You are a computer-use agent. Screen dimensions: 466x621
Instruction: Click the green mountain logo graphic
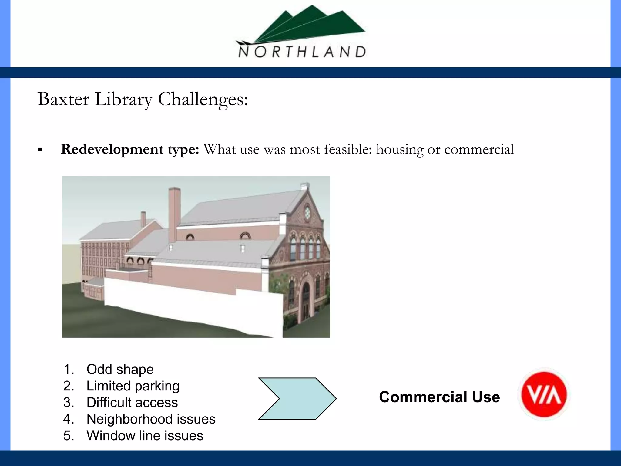tap(306, 26)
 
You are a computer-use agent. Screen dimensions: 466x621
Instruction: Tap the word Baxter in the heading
tap(63, 99)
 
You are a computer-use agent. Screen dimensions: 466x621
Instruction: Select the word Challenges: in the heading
tap(203, 100)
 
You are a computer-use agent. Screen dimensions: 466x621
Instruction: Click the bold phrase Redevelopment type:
tap(130, 149)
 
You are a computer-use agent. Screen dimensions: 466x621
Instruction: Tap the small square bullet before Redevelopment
tap(40, 150)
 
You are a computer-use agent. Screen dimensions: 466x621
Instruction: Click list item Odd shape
tap(120, 369)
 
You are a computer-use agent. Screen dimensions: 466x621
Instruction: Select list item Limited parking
tap(133, 386)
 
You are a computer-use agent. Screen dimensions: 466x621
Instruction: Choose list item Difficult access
tap(132, 403)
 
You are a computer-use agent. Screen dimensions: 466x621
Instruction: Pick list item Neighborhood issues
tap(151, 419)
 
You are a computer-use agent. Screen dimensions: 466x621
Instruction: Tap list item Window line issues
tap(145, 436)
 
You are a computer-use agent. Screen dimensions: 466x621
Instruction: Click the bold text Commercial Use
tap(439, 397)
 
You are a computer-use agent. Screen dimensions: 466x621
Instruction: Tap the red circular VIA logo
tap(544, 395)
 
